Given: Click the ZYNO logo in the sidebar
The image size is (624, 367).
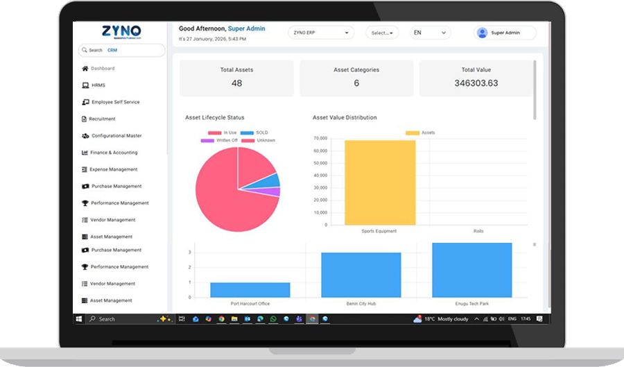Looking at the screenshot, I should pos(121,32).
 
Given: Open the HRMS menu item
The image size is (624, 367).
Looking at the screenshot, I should pos(98,85).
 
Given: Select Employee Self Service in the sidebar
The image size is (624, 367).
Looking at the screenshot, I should pos(115,102).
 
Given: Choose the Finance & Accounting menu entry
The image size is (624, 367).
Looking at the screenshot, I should pos(114,153).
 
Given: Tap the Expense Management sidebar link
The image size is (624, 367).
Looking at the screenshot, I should pos(114,169).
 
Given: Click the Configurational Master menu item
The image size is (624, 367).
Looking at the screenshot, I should pos(116,136).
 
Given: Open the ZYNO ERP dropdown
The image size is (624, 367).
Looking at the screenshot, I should pos(320,33).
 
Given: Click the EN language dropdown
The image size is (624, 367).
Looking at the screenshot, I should pos(431,33).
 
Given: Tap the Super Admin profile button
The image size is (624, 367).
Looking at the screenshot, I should pos(504,33).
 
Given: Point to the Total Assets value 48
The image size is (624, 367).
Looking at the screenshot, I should pos(236,83).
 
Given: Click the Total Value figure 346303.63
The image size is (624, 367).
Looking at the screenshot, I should pos(476,83).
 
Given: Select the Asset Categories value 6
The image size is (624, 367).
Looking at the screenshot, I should pos(356,83).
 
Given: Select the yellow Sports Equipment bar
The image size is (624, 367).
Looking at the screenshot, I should pos(380,182).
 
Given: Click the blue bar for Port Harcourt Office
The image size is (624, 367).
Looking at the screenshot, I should pos(250,289).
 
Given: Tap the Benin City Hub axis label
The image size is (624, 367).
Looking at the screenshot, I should pos(361,304).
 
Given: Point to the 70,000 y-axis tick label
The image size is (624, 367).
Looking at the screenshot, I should pos(320,138).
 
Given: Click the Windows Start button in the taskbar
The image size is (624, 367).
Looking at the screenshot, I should pos(79,319).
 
